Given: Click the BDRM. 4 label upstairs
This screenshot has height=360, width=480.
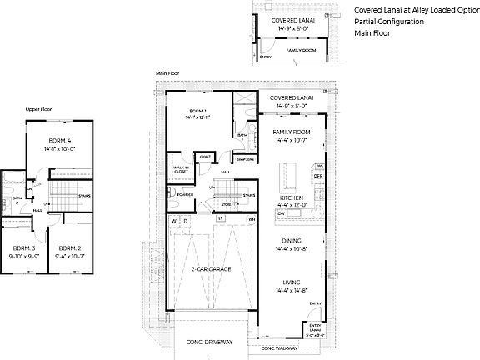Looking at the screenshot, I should coord(59,139).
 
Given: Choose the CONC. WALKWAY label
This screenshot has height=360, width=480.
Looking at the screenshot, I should coord(279,347).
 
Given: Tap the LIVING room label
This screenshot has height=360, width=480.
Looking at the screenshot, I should coord(291,282).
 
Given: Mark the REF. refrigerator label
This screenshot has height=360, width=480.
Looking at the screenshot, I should coord(317,177).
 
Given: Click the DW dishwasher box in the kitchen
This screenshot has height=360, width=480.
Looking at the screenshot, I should coord(282,213).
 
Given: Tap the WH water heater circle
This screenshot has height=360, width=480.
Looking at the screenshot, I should coord(252,220).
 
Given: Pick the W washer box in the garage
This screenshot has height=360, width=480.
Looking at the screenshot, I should coord(174,221).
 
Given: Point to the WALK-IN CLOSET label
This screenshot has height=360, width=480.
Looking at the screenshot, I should coord(182,170).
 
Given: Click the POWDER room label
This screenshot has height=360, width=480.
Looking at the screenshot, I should coord(185,194).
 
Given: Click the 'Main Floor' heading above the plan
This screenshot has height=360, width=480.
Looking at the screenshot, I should coord(167,73).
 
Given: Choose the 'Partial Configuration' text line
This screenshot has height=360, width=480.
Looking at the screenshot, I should coord(389,21).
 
